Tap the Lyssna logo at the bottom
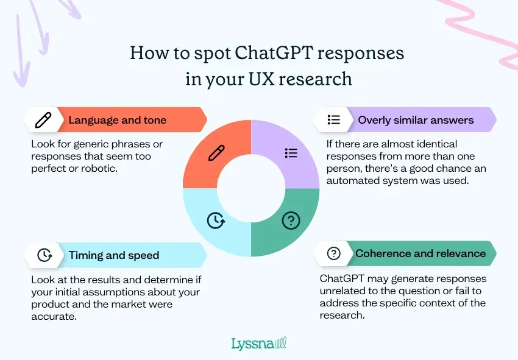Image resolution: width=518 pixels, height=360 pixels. click(258, 343)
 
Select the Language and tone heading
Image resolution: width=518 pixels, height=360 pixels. click(117, 120)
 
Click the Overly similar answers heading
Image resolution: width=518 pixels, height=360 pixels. click(416, 120)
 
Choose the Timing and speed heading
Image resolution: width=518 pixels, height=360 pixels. click(113, 255)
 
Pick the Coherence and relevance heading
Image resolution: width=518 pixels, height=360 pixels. click(420, 253)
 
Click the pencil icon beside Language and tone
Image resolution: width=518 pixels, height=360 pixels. click(43, 120)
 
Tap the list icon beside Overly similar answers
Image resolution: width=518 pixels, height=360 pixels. click(333, 120)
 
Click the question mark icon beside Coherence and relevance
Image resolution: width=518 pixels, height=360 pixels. click(333, 253)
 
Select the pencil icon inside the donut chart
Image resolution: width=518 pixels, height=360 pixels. click(216, 153)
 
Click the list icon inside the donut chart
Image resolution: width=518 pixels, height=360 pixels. click(291, 153)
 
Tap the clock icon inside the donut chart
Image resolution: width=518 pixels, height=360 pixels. click(216, 221)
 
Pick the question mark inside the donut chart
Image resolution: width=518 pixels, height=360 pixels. click(291, 221)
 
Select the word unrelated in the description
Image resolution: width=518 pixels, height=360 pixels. click(342, 291)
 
